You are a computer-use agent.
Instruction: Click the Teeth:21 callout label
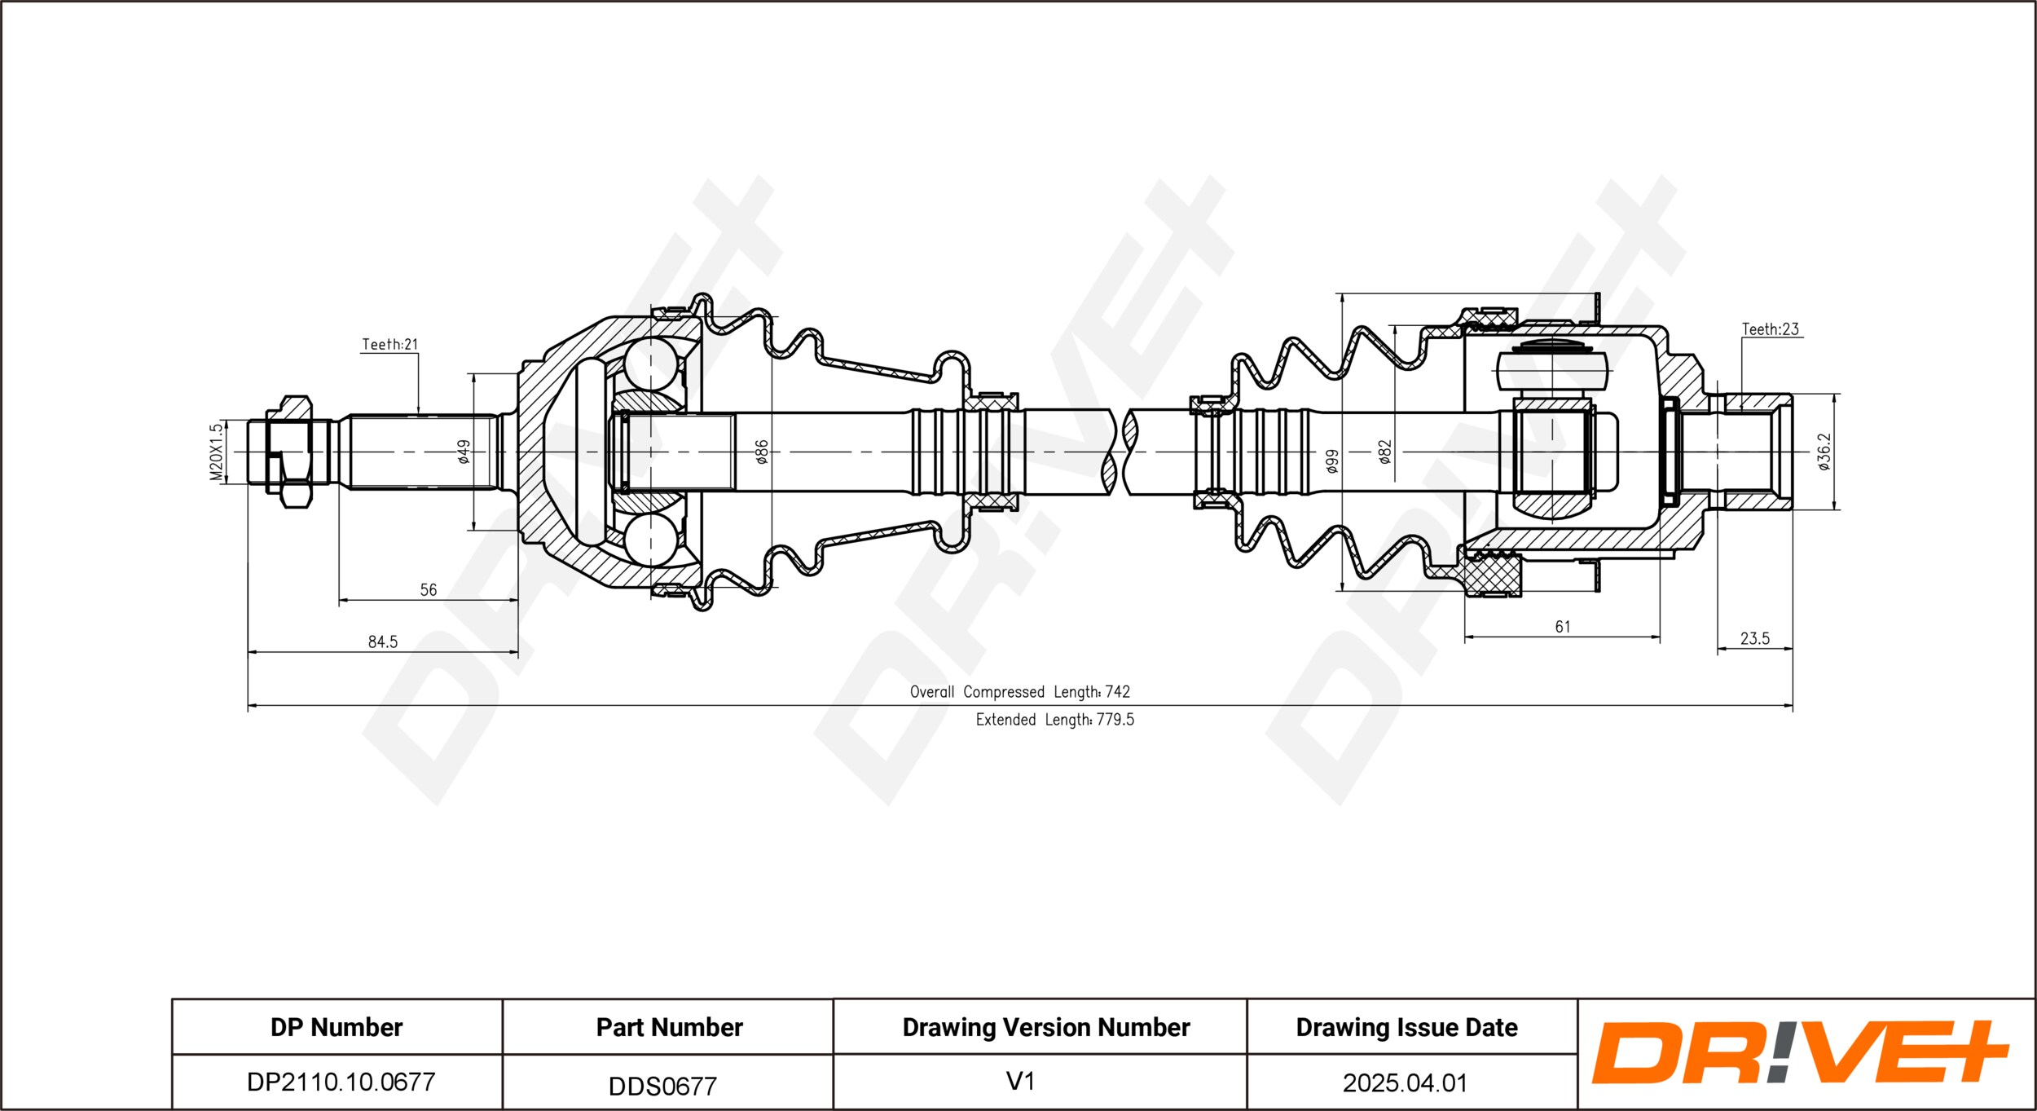389,345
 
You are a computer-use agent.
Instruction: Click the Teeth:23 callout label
1770,329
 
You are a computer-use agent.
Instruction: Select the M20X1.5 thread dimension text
216,452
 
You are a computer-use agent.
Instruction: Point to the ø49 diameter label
464,452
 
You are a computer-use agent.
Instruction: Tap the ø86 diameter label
762,452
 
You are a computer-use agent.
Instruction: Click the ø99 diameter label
1332,461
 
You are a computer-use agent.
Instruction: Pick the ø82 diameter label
1384,452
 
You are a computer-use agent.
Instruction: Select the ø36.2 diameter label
1824,452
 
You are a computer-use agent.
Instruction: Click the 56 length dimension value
429,589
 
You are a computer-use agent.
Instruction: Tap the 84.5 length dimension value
383,641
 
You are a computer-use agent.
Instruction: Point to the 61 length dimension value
1563,626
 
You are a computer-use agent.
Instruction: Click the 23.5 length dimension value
1755,638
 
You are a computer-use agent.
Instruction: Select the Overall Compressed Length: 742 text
1020,692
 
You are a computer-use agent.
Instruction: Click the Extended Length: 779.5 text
1055,720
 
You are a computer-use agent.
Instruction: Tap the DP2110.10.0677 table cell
341,1082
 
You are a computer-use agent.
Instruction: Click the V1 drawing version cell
1020,1081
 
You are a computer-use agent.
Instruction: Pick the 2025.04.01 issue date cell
1405,1082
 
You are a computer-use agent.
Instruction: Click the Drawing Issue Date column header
1406,1027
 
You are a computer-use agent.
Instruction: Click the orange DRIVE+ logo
1799,1052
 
